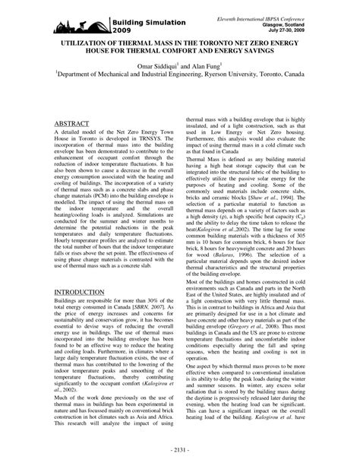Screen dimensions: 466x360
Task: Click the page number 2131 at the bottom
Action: click(x=179, y=449)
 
